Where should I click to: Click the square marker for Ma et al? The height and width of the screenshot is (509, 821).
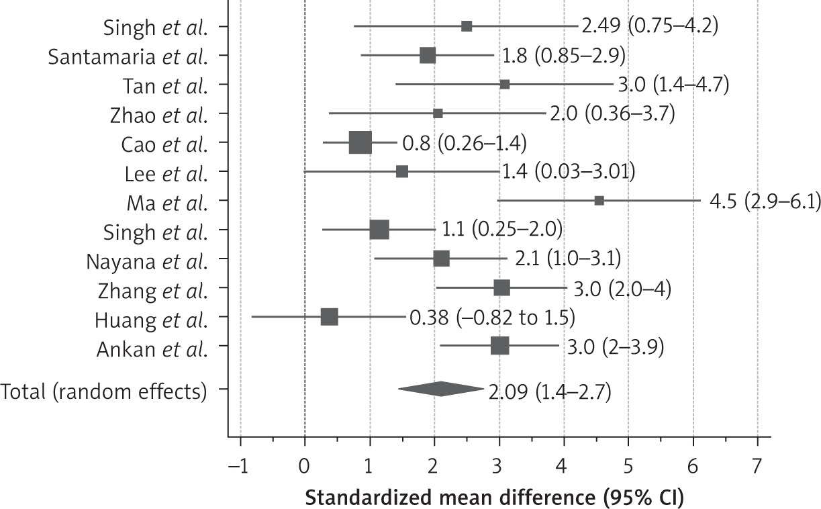599,201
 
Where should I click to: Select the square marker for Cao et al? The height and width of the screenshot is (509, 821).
360,143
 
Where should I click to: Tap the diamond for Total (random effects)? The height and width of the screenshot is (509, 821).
440,389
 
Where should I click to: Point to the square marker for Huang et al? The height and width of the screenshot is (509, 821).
329,317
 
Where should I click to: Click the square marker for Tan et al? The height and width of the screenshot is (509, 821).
505,85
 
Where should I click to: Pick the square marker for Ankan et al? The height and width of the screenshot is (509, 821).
499,346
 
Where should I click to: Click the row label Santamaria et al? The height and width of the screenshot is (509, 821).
128,56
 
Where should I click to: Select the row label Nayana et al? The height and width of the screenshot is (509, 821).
147,260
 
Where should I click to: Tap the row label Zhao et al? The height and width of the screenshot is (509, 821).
159,114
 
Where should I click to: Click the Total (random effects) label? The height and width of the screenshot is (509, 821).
104,390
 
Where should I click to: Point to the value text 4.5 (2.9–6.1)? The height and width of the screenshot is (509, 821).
765,201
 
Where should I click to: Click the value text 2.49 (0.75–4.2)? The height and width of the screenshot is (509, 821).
650,27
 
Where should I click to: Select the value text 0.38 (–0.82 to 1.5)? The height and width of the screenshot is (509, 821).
492,317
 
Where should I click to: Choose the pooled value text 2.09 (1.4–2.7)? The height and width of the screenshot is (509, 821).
550,391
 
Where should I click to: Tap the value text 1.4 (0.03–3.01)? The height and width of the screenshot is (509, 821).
568,172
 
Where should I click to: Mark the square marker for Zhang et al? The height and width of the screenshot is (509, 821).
501,288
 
